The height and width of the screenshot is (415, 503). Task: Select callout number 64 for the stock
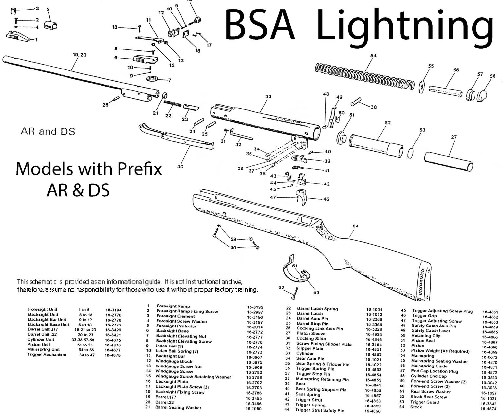[x=356, y=226]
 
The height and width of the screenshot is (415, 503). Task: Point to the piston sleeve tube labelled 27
[x=449, y=161]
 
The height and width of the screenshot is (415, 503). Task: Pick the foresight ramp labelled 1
[x=18, y=36]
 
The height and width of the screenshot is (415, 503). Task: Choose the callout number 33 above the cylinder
[x=268, y=97]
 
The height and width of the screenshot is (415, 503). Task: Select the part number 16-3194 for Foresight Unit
[x=113, y=309]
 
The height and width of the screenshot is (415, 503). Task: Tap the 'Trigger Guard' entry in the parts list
[x=424, y=402]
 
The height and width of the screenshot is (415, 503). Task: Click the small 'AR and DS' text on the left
[x=48, y=132]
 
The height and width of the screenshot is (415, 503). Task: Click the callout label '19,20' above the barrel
[x=80, y=55]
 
